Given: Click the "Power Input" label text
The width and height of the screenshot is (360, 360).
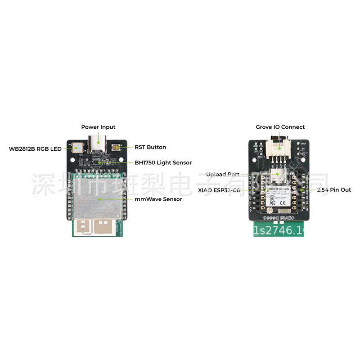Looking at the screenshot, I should coord(98,127).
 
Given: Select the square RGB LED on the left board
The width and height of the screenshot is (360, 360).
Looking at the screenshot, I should coord(76,147).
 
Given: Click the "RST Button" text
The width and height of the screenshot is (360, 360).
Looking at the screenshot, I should coord(150,147).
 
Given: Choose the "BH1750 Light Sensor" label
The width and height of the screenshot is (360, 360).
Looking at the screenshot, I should coord(163,162).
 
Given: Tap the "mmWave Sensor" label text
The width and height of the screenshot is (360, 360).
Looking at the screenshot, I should coord(158,199).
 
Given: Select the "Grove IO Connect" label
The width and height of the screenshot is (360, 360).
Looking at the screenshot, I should coord(280,127).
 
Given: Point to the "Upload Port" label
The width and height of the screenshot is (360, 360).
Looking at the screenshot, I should coord(223,174).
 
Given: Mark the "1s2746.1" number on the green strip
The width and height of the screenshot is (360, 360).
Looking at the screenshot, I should coord(278,231).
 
